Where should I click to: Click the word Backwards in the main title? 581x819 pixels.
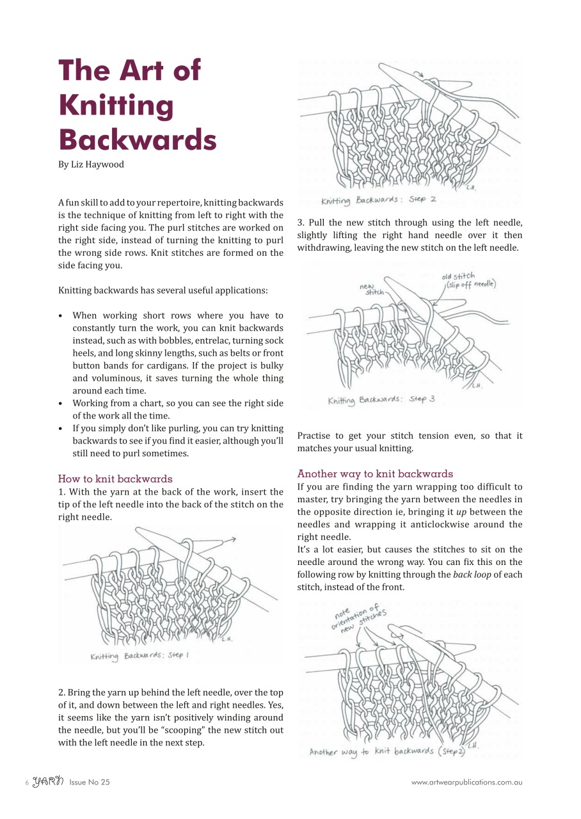click(138, 139)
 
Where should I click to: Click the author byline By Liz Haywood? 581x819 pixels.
click(91, 164)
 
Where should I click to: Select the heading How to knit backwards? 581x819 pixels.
click(115, 479)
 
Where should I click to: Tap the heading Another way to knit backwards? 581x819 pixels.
click(375, 473)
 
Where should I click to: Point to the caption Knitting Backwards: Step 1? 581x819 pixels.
click(139, 656)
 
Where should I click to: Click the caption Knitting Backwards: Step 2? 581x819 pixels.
click(378, 200)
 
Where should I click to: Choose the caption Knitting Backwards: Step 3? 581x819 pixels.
click(381, 400)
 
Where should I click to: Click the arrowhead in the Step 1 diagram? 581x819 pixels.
click(234, 539)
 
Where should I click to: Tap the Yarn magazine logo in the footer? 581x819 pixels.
click(48, 781)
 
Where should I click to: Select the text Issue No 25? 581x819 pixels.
click(90, 782)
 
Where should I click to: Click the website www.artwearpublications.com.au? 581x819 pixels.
click(466, 782)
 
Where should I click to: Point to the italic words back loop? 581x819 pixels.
click(472, 575)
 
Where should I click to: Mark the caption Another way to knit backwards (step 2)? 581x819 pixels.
click(387, 751)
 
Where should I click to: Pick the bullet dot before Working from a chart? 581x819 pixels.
click(60, 404)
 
